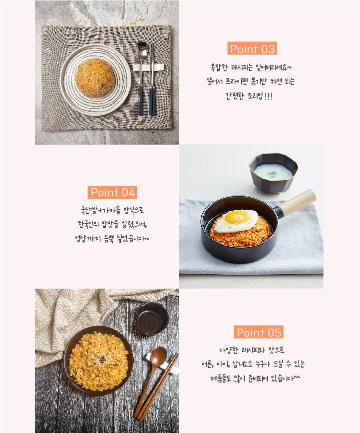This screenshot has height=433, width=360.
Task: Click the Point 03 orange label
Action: click(252, 48)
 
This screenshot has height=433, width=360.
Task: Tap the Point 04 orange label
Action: click(112, 192)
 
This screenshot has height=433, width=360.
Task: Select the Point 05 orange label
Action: click(259, 332)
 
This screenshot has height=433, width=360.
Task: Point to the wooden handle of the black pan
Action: click(298, 202)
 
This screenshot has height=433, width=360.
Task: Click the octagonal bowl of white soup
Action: click(274, 173)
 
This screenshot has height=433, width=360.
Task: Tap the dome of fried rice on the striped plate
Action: click(95, 78)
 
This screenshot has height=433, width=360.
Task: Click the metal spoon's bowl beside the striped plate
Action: click(142, 51)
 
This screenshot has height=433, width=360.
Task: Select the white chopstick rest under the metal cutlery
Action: click(148, 67)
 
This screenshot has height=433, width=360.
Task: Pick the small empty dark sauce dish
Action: click(151, 319)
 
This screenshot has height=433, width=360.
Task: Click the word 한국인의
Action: click(88, 224)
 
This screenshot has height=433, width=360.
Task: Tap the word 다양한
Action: click(228, 351)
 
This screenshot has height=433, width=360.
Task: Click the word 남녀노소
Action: click(242, 364)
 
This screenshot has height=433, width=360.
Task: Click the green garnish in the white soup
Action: click(272, 174)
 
